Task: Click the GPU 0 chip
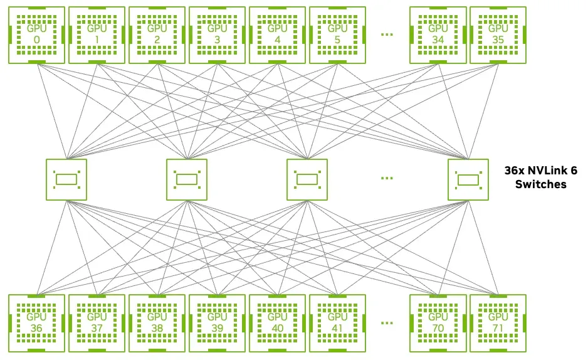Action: point(36,35)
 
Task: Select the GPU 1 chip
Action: point(97,35)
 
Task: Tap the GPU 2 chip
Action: point(157,35)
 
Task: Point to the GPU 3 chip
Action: point(217,35)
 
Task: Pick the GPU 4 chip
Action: point(277,35)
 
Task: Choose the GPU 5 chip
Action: point(337,35)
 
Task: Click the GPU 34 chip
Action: point(438,35)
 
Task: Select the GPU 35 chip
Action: point(498,35)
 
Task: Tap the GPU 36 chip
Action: point(36,323)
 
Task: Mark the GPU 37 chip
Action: point(97,323)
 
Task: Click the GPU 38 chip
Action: point(157,323)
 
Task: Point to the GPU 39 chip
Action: point(217,323)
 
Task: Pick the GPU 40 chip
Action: point(277,323)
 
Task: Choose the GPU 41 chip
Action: point(337,323)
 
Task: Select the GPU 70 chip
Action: point(438,323)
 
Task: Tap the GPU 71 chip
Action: point(498,323)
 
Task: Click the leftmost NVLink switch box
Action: point(66,179)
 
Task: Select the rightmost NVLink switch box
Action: point(468,179)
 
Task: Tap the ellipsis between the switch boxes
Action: point(387,178)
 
